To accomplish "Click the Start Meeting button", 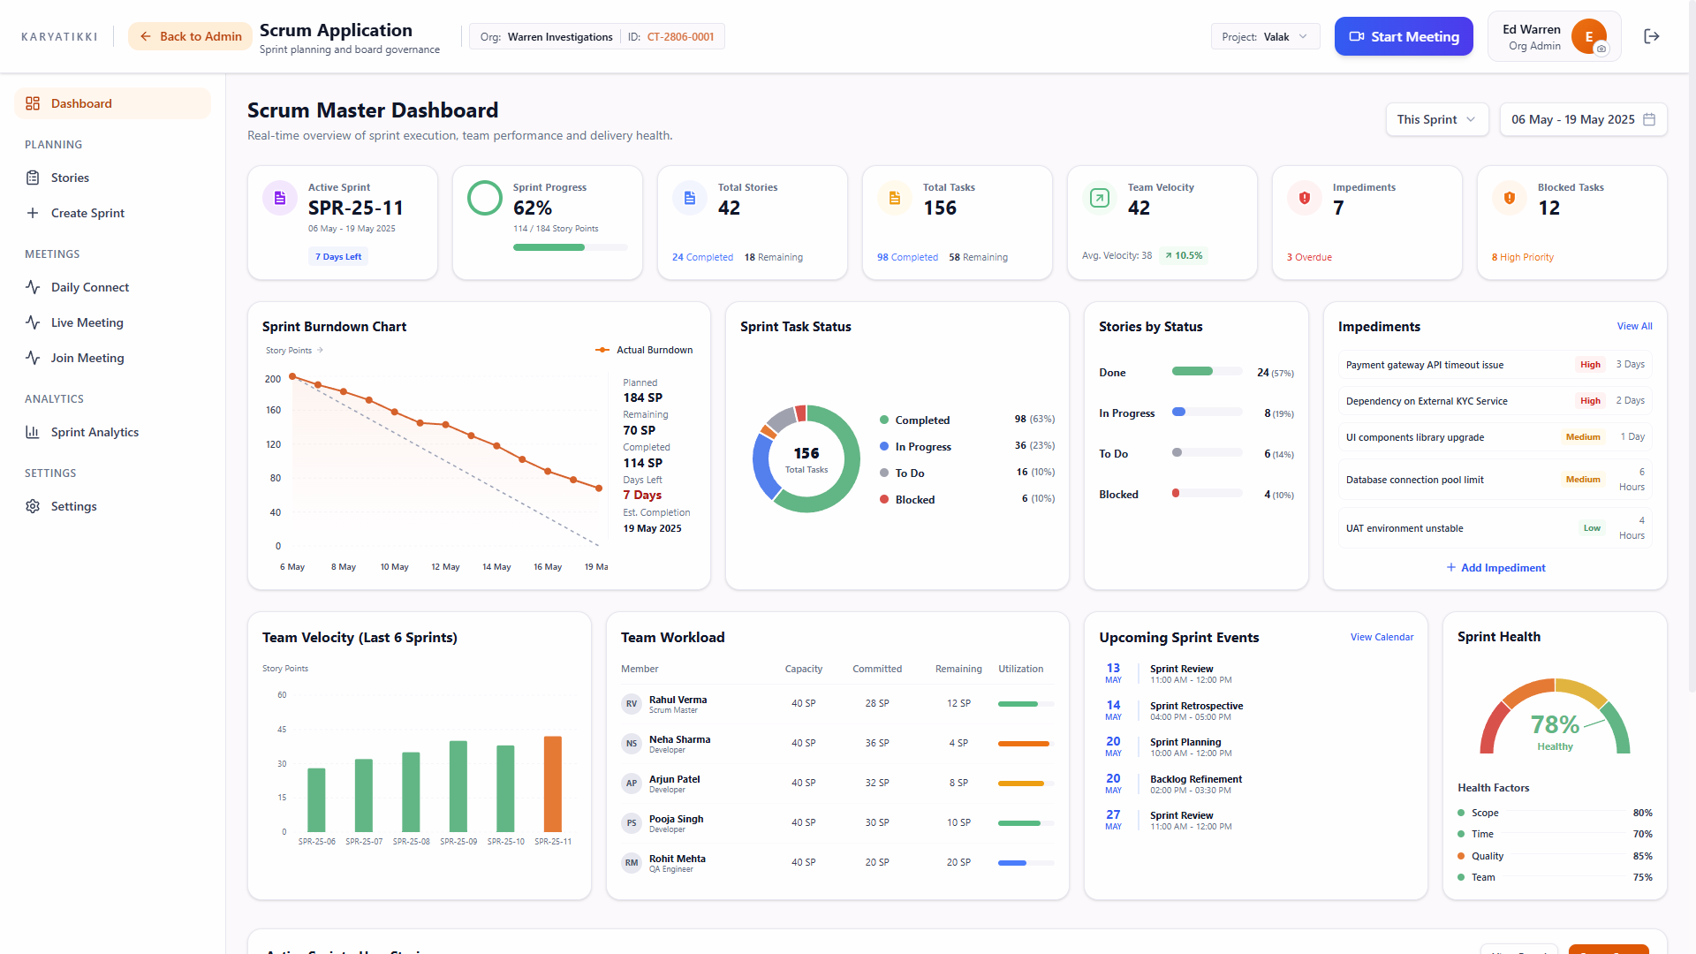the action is pyautogui.click(x=1404, y=36).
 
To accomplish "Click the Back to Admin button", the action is pyautogui.click(x=191, y=36).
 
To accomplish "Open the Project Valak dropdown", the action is pyautogui.click(x=1265, y=36).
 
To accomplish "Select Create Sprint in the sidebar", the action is pyautogui.click(x=87, y=213).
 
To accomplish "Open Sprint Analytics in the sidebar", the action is pyautogui.click(x=95, y=432).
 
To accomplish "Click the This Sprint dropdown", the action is pyautogui.click(x=1436, y=119).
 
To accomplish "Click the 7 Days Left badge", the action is pyautogui.click(x=338, y=257).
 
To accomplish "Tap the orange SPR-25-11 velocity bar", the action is pyautogui.click(x=553, y=784).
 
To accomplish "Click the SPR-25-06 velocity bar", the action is pyautogui.click(x=316, y=799).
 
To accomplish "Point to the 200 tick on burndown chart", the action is pyautogui.click(x=273, y=379).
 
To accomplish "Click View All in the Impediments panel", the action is pyautogui.click(x=1634, y=326).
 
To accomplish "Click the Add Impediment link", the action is pyautogui.click(x=1495, y=568).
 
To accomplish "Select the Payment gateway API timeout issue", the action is pyautogui.click(x=1424, y=365).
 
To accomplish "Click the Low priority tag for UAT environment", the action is pyautogui.click(x=1592, y=528).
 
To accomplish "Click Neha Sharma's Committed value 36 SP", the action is pyautogui.click(x=877, y=743).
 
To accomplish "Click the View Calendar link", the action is pyautogui.click(x=1382, y=637).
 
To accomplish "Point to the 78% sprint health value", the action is pyautogui.click(x=1555, y=724).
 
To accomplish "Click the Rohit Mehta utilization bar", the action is pyautogui.click(x=1026, y=863).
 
